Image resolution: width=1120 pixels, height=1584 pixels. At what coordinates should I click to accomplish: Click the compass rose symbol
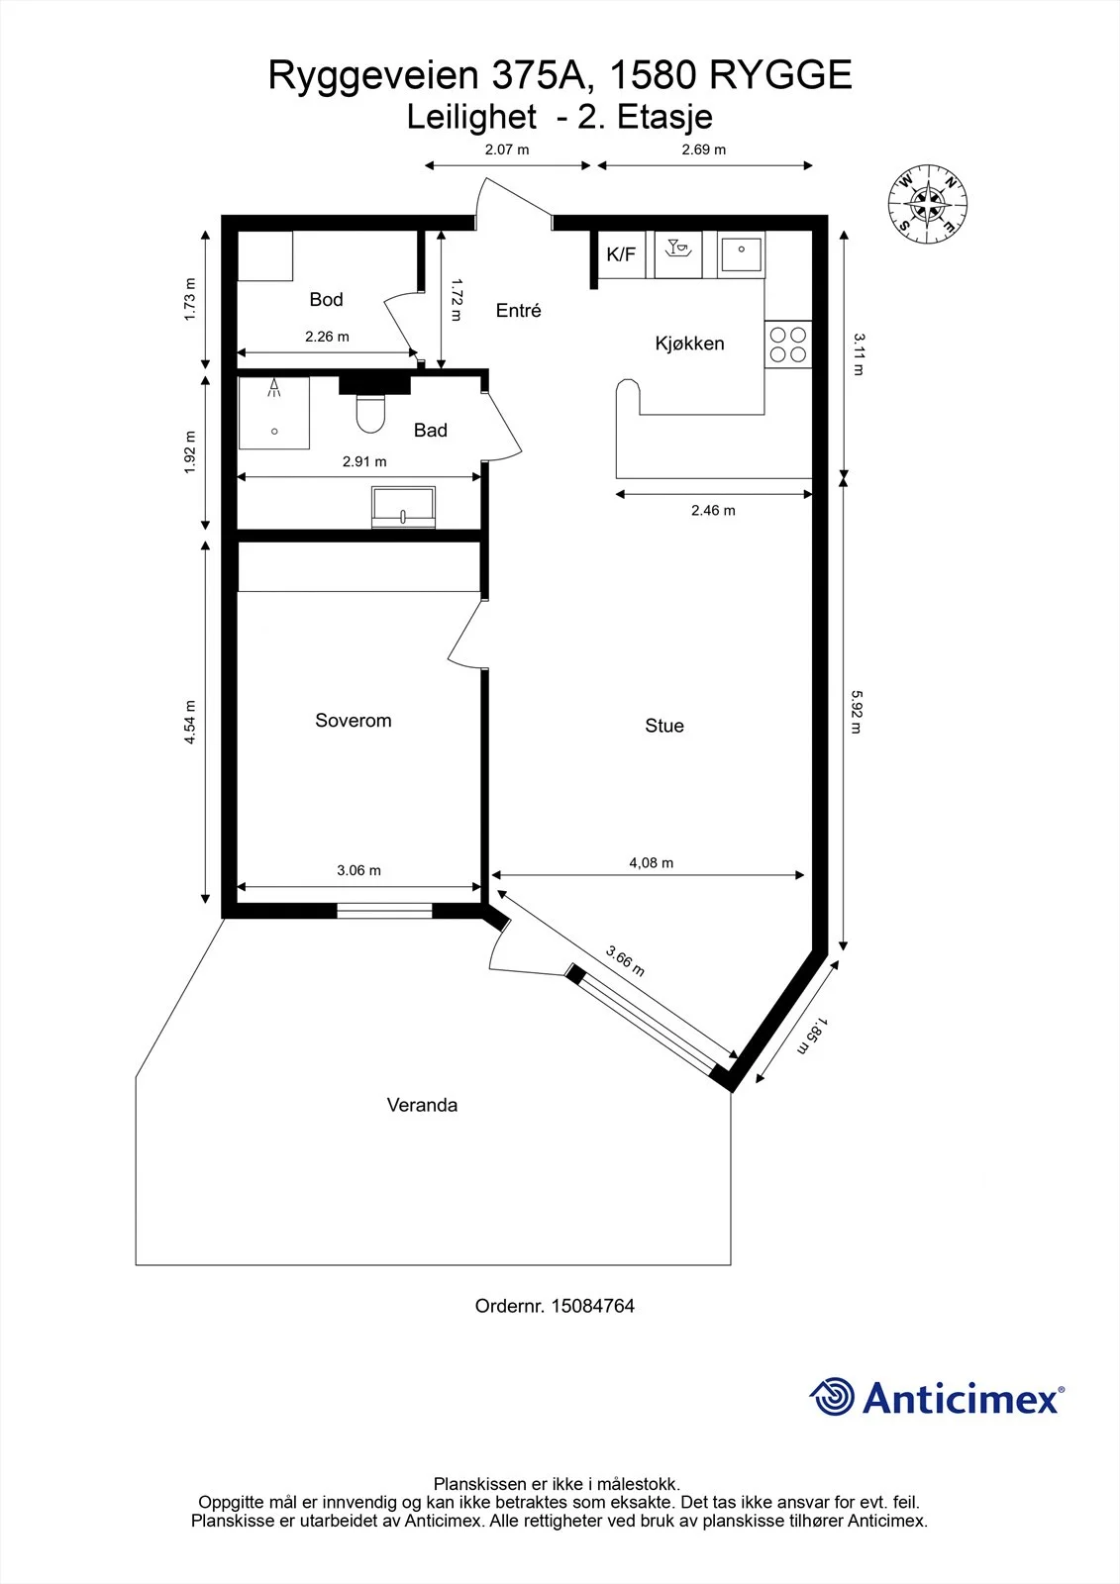pos(927,205)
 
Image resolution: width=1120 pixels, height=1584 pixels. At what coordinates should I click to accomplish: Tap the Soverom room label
pos(354,721)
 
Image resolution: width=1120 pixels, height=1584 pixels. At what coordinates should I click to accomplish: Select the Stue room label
pos(664,726)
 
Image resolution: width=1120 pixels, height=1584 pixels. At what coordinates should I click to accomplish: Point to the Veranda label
pos(422,1105)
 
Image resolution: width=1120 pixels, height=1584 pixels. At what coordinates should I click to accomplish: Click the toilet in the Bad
pos(370,413)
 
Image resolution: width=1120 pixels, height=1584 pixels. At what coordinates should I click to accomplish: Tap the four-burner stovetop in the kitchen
pos(788,345)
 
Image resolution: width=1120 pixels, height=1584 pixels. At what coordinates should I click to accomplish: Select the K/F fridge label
pos(621,254)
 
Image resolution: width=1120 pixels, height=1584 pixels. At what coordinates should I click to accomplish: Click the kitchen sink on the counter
pos(741,253)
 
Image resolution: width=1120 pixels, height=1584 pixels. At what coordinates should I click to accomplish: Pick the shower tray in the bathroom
pos(273,413)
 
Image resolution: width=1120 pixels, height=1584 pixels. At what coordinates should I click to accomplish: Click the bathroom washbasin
pos(403,506)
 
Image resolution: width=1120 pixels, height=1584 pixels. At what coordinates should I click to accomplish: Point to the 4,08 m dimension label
pos(651,862)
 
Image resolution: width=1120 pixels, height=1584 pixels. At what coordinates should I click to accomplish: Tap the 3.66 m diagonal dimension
pos(626,961)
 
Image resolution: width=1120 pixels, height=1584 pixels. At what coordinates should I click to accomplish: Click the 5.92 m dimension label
pos(857,712)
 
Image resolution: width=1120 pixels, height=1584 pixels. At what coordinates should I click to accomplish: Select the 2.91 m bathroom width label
pos(364,461)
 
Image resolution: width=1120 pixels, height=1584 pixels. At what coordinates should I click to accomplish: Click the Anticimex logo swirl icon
pos(832,1397)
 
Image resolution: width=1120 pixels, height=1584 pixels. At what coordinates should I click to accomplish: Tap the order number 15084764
pos(593,1306)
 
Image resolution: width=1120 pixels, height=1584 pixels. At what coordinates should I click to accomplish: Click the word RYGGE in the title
pos(780,75)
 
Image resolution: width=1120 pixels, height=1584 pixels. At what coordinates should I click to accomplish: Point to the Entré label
pos(519,311)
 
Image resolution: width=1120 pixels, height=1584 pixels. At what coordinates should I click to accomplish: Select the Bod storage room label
pos(326,300)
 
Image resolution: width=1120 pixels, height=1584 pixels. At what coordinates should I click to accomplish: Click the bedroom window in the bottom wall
pos(384,911)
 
